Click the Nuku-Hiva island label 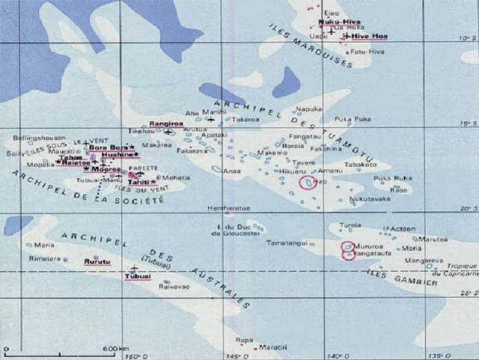[x=335, y=22]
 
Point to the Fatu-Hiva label [x=367, y=51]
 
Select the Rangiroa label [x=163, y=122]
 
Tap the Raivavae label [x=173, y=286]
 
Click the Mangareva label [x=422, y=261]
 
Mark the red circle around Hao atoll [x=308, y=183]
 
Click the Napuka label [x=313, y=109]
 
